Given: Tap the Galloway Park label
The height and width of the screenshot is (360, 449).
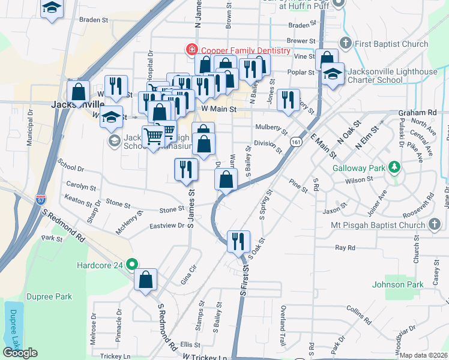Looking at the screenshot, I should [360, 168].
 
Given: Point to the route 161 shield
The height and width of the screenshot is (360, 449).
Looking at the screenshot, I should [295, 142].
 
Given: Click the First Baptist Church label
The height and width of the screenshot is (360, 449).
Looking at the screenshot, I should [391, 44].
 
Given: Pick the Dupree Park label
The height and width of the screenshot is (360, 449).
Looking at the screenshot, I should [52, 296].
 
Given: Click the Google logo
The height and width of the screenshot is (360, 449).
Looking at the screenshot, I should [20, 353].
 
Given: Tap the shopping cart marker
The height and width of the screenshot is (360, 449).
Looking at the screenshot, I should [153, 137].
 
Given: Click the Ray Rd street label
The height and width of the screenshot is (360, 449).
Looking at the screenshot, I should [345, 247].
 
